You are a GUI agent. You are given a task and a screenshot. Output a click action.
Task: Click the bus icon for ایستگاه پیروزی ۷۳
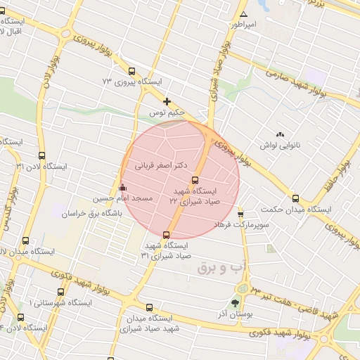click(x=131, y=71)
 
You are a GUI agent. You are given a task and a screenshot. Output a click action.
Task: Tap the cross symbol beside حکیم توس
click(x=167, y=102)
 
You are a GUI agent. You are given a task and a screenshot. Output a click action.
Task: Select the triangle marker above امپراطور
click(x=243, y=14)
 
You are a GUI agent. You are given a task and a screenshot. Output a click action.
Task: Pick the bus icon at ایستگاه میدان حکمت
click(x=295, y=199)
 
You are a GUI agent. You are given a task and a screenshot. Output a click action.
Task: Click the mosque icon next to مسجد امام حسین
click(x=123, y=188)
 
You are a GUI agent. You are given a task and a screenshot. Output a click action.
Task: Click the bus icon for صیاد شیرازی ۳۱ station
click(x=166, y=234)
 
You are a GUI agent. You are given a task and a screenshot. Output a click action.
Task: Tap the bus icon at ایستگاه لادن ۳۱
click(x=41, y=156)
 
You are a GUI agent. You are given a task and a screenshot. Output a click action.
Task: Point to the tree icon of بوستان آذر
click(x=234, y=303)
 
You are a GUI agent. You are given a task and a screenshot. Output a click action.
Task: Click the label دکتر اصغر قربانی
click(x=162, y=167)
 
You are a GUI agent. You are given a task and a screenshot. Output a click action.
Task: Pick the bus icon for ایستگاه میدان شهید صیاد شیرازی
click(x=149, y=307)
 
